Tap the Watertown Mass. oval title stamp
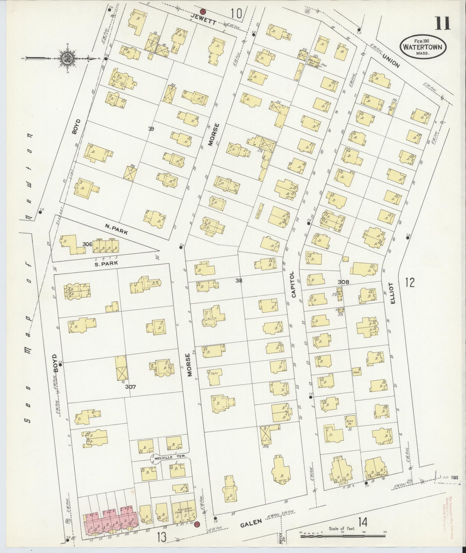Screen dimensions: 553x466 coord(422,47)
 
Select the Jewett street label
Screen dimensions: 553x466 coord(205,21)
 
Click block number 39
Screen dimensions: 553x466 coord(151,129)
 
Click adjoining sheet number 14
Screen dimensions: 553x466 coord(363,523)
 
